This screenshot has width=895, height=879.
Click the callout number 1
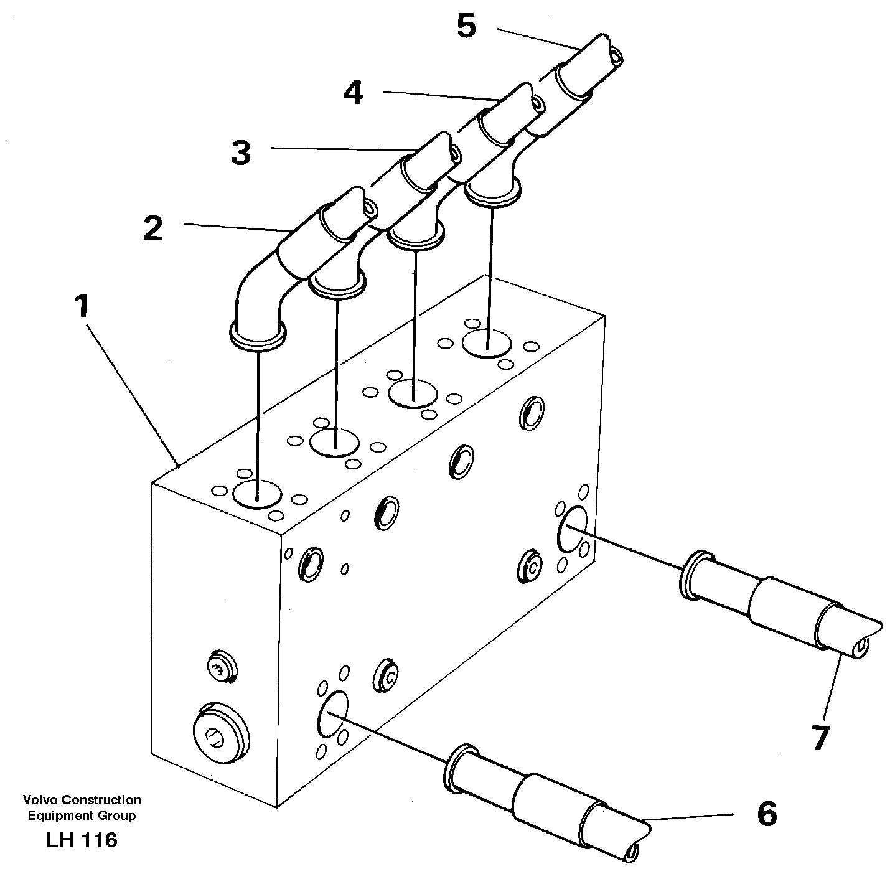point(82,308)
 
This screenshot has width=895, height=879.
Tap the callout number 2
point(153,228)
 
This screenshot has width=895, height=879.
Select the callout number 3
point(240,153)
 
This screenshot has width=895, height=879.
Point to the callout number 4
point(353,94)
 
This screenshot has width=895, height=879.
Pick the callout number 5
point(466,27)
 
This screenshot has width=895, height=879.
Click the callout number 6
point(767,814)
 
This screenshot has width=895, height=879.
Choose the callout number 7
point(820,737)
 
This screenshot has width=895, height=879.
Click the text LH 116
point(81,840)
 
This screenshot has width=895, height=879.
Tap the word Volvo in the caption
point(38,800)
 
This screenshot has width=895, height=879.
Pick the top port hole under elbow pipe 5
point(487,343)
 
